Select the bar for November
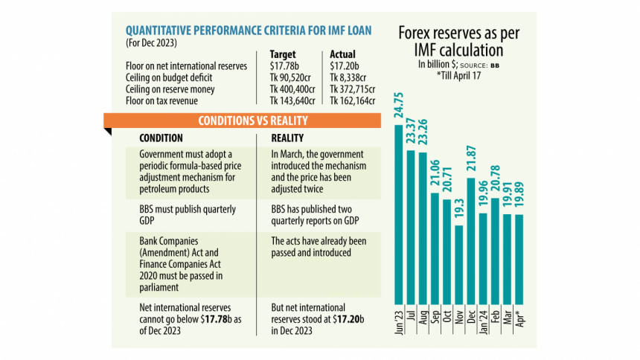[x=459, y=265]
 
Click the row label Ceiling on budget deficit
[x=170, y=77]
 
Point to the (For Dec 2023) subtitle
[x=153, y=42]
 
